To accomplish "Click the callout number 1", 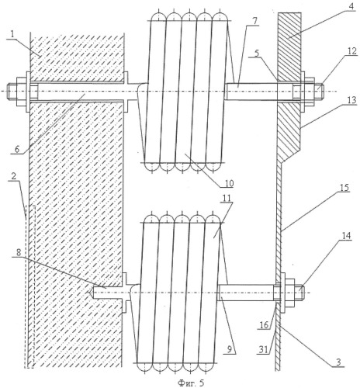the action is click(11, 34).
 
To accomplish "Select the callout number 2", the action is click(13, 176).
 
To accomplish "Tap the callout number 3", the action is click(339, 362).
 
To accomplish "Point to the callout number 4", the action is click(350, 6).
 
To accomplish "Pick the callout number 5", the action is click(256, 53).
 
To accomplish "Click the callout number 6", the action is click(16, 149).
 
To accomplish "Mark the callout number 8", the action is click(19, 252).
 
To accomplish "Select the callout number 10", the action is click(228, 182).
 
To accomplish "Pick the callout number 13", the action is click(351, 100).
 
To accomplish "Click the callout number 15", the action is click(344, 187).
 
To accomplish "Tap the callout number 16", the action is click(265, 325).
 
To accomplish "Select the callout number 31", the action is click(263, 349).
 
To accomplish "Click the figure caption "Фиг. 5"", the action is click(191, 383).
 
